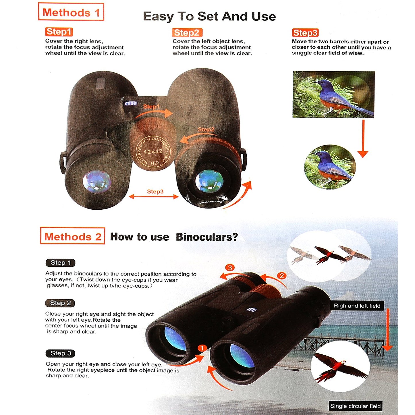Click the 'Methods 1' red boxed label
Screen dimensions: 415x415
tap(71, 12)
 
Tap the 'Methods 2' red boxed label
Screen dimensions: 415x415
tap(73, 236)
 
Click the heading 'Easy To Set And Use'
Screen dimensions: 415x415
tap(209, 17)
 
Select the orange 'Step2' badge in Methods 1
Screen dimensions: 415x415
tap(187, 33)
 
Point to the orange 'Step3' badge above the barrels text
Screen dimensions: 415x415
tap(305, 33)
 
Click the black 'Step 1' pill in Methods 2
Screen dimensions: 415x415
tap(61, 263)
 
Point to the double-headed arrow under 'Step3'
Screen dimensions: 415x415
tap(154, 196)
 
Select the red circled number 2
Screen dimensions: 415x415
tap(282, 276)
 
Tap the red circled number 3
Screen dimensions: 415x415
tap(230, 268)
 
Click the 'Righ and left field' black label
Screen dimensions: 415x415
tap(357, 306)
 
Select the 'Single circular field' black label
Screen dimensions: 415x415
tap(355, 406)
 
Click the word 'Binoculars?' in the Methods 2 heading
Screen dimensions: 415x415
tap(207, 237)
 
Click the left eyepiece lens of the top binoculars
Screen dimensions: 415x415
tap(97, 181)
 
